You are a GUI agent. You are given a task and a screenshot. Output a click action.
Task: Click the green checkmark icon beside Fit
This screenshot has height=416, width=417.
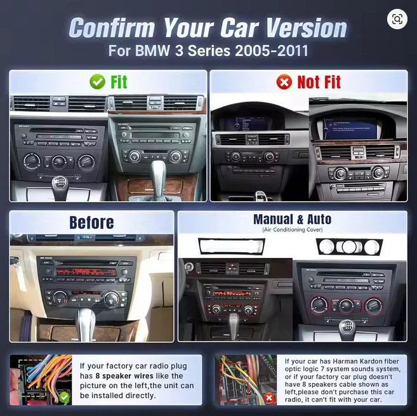coord(97,82)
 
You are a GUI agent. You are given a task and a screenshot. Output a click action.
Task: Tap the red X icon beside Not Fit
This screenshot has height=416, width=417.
coord(284,82)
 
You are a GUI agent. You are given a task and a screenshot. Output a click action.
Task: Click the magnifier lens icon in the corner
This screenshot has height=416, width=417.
coord(397,20)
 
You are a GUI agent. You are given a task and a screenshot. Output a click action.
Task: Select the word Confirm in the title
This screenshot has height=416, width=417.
coord(112,28)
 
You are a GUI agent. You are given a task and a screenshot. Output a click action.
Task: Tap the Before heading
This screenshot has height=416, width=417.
coord(91,222)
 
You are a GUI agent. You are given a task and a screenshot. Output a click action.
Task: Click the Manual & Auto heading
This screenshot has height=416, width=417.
coord(292,220)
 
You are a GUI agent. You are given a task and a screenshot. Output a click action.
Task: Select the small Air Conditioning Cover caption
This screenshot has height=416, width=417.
coord(292,230)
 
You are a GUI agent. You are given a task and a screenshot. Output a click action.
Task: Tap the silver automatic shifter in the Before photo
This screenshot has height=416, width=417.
coord(85,321)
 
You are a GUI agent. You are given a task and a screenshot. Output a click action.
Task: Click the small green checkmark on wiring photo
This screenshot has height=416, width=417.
coord(64,397)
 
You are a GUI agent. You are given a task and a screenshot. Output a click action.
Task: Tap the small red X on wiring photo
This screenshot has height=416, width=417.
coord(269,398)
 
